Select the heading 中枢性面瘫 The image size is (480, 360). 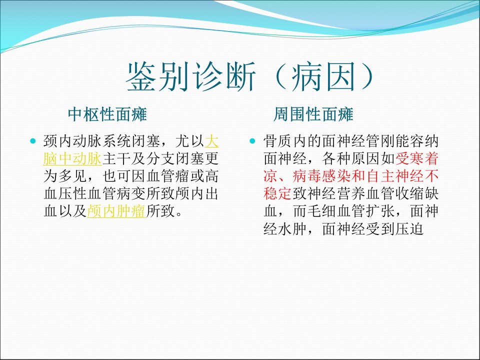[107, 114]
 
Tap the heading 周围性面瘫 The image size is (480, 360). [313, 114]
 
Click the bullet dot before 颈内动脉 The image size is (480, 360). [33, 141]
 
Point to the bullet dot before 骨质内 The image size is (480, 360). [252, 141]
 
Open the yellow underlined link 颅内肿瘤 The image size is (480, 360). [116, 211]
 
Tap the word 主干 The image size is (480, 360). [116, 158]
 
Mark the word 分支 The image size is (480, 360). [160, 158]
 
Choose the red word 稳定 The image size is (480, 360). [277, 193]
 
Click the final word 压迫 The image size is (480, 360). [409, 228]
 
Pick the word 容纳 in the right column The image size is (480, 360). [424, 141]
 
